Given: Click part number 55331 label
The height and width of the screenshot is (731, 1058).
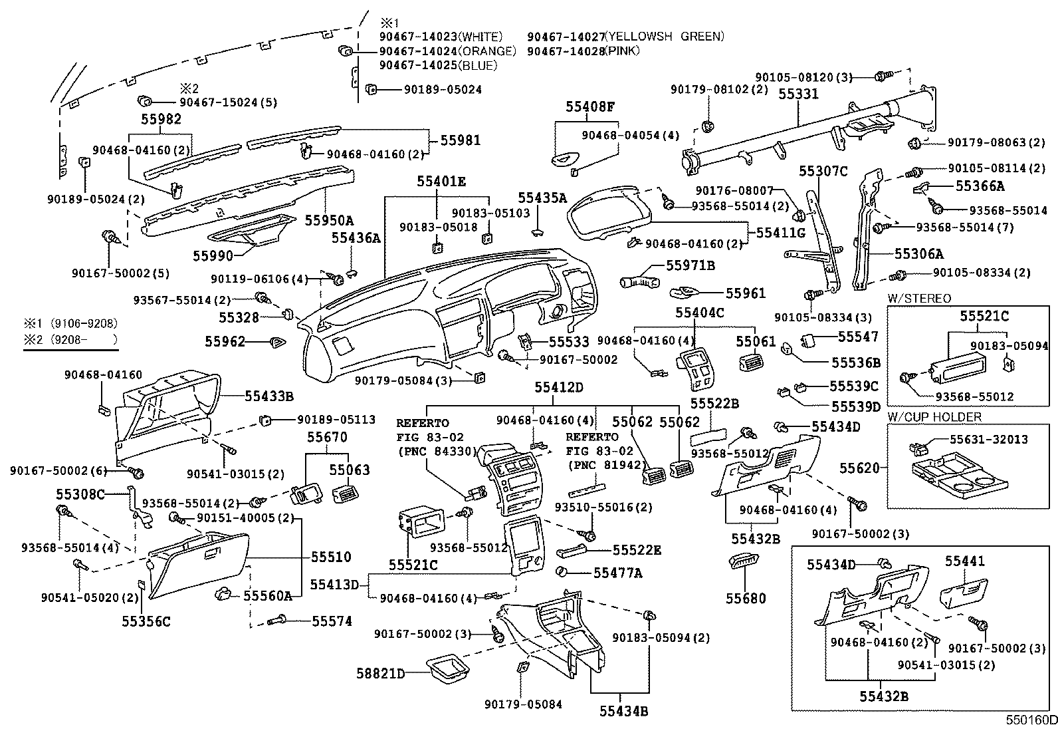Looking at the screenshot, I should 798,94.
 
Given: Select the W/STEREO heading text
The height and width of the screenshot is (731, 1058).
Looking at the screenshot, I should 919,299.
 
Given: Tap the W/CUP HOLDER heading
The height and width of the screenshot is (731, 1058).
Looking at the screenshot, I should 934,417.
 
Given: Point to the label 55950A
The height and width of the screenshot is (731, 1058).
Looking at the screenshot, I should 330,220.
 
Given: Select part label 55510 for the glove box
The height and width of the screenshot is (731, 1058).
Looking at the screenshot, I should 331,557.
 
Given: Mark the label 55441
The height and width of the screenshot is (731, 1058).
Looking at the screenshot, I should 965,561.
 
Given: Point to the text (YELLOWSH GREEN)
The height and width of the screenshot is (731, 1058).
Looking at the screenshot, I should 665,37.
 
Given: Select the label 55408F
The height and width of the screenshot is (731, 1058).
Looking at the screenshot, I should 590,106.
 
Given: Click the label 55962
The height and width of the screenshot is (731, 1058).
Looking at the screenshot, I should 225,342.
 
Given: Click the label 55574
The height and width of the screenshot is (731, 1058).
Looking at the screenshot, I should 332,621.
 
